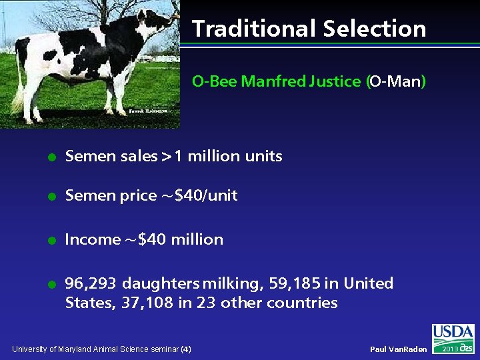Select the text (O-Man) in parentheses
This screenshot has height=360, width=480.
395,81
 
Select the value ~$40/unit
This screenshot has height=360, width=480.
198,196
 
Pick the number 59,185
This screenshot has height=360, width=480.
294,284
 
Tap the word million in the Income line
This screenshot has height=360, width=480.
197,240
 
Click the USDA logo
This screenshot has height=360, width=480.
453,333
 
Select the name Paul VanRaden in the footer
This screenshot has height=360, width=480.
398,349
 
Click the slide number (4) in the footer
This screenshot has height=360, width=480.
186,349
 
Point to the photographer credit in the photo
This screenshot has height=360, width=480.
146,111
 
